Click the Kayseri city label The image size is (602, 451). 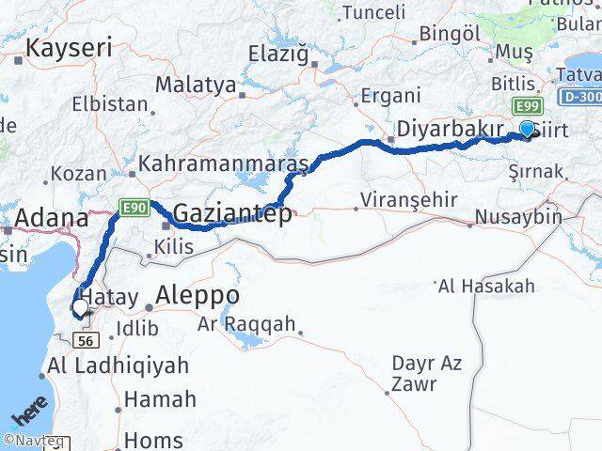tap(70, 48)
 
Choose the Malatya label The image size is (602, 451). tap(196, 85)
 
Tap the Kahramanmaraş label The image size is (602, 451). tap(223, 164)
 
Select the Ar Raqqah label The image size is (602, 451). tap(246, 326)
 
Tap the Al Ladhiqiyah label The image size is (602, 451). tap(119, 365)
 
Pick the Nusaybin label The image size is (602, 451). tap(519, 217)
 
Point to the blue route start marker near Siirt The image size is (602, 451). tap(527, 129)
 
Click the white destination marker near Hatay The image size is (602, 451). tap(80, 306)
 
